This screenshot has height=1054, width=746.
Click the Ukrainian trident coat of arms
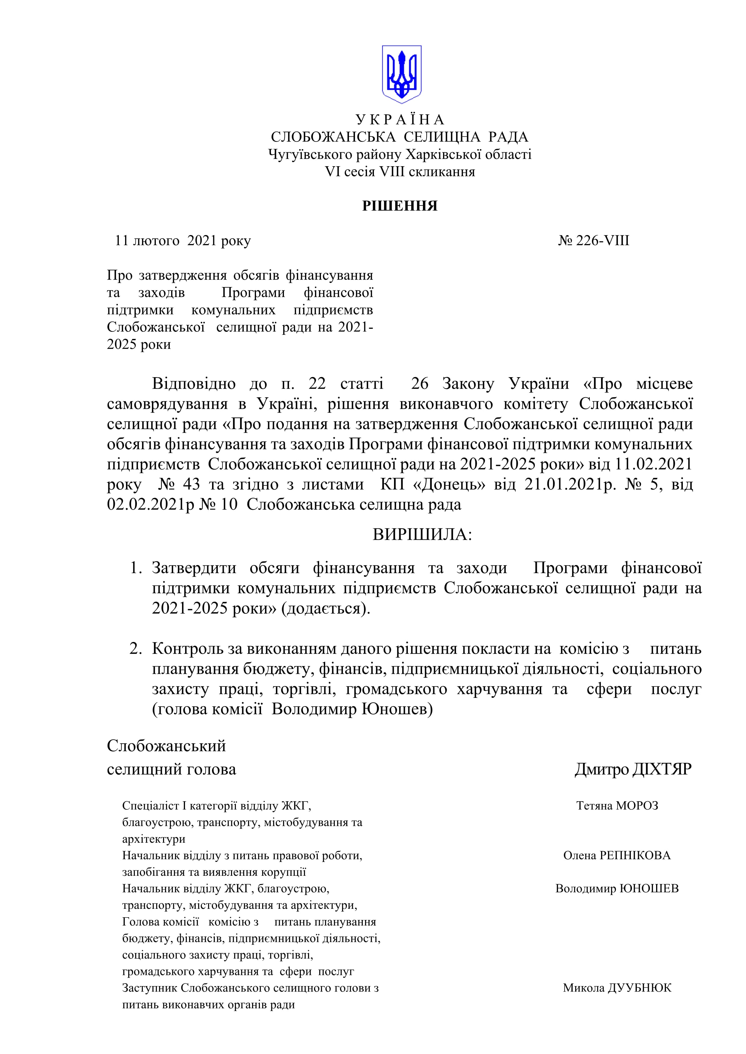[402, 73]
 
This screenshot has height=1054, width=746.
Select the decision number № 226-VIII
[593, 240]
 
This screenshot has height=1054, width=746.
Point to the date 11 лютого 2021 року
[183, 240]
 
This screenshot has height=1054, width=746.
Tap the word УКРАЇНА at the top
[400, 120]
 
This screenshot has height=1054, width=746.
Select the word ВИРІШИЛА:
[422, 535]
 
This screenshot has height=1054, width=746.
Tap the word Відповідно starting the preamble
[193, 384]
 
